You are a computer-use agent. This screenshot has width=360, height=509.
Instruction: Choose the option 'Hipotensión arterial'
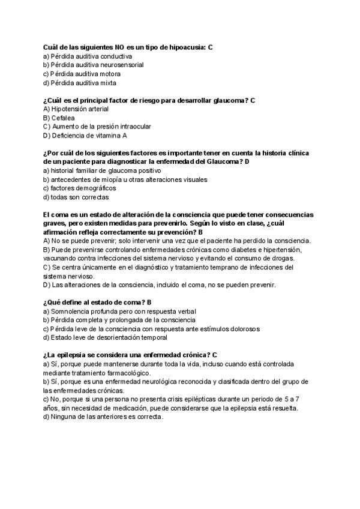76,109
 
